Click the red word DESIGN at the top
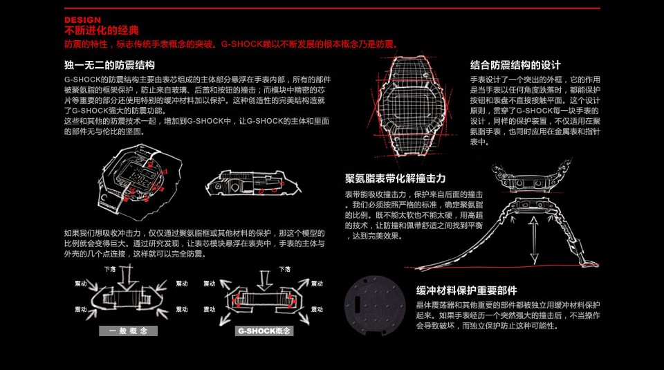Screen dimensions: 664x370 click(x=82, y=20)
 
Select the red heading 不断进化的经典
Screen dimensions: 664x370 click(x=101, y=30)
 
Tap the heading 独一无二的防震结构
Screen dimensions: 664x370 click(x=109, y=66)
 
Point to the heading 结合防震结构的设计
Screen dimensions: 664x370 click(x=515, y=65)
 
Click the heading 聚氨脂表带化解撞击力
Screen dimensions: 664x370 click(x=395, y=178)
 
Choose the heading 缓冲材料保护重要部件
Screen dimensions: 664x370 click(x=466, y=290)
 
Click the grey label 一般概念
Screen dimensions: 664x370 click(x=128, y=331)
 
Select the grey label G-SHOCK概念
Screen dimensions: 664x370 click(x=265, y=331)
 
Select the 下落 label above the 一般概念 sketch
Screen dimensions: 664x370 click(x=109, y=268)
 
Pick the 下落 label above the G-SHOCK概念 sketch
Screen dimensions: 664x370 click(x=285, y=268)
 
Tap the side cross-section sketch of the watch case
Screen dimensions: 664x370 click(x=252, y=183)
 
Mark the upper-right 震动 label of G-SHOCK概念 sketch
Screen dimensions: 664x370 click(x=317, y=284)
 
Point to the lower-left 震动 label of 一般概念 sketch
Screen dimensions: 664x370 click(x=81, y=309)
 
